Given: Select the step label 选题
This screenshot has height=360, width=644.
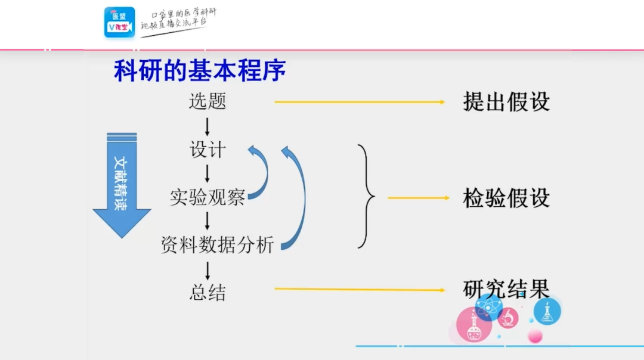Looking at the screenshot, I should (x=208, y=101).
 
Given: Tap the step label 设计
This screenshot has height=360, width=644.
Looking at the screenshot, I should (x=208, y=150).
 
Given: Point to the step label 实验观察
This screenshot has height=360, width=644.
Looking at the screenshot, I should (x=207, y=197).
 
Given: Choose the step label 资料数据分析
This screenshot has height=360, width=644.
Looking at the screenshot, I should (x=217, y=244).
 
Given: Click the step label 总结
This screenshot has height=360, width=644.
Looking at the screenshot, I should (x=208, y=293).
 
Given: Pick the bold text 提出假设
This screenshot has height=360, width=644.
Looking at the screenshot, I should (x=506, y=102).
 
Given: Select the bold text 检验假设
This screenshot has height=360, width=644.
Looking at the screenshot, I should (x=506, y=198).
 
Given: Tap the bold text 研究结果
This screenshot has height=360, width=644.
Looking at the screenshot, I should (x=506, y=289).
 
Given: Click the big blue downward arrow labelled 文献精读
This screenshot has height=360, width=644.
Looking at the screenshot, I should (x=122, y=185).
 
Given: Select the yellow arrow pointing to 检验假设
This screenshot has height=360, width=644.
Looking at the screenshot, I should (x=417, y=198).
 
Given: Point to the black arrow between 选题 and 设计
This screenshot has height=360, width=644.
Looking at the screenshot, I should (x=208, y=126).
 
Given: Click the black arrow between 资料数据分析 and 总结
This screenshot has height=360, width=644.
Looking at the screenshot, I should (x=208, y=269).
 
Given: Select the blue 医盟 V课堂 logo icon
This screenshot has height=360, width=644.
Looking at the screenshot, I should (x=119, y=23).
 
